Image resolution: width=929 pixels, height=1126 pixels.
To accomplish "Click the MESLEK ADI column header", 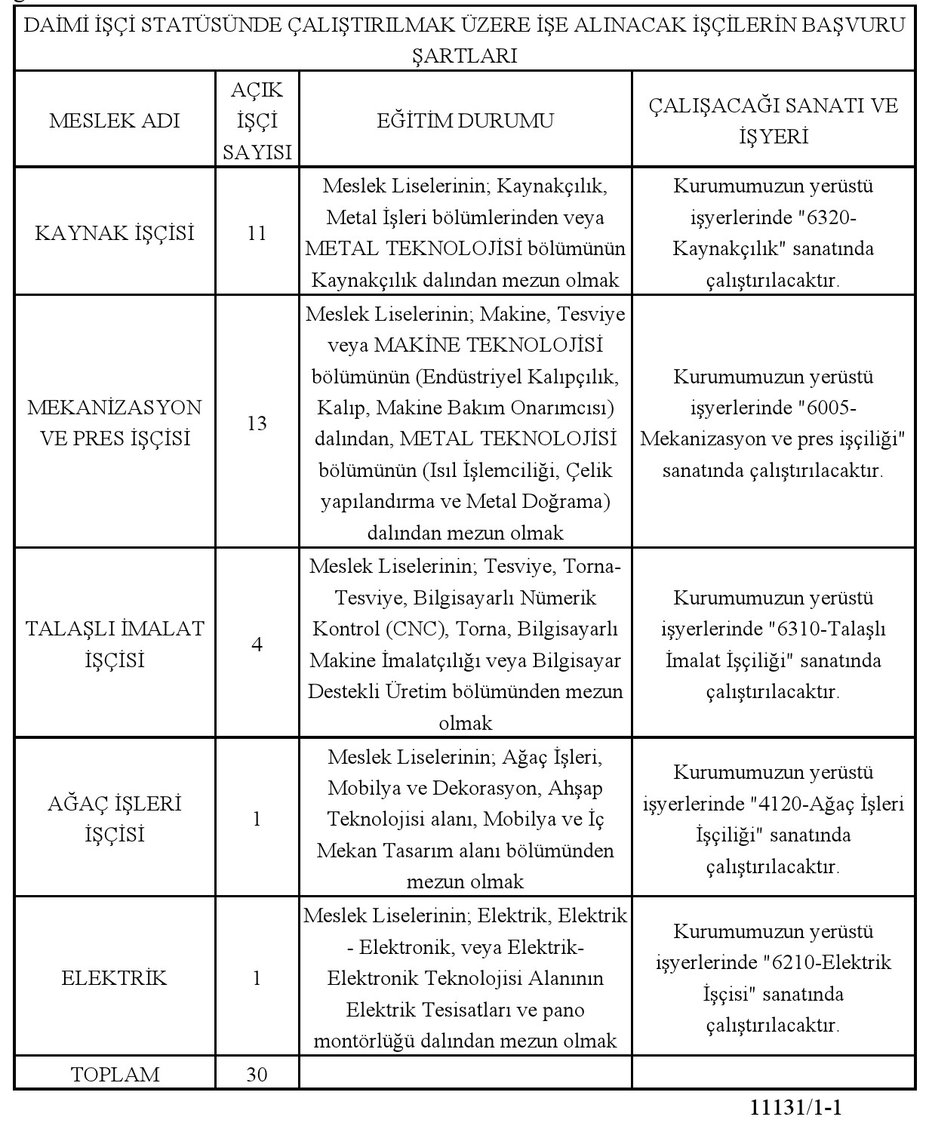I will click(x=115, y=121).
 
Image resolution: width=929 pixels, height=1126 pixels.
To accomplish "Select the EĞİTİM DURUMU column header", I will click(x=465, y=121).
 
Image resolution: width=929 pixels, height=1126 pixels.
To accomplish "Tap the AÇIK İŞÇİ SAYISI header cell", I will click(x=257, y=121).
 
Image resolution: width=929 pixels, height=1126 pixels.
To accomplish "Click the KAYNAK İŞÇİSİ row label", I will click(x=115, y=233).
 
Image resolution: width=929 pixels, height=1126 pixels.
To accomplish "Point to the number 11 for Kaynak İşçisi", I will click(x=257, y=233).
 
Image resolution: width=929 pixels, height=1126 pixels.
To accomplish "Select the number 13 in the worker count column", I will click(x=257, y=423).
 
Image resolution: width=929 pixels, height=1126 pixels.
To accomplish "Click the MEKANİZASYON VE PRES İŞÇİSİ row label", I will click(x=115, y=423).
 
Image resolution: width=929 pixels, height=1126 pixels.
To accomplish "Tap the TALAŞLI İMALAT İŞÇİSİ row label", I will click(x=115, y=644).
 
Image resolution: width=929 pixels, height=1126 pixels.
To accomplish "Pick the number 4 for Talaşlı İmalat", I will click(x=257, y=645).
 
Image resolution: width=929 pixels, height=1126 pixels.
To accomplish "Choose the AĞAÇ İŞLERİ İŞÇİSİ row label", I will click(x=115, y=819).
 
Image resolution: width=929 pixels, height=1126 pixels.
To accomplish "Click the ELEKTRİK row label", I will click(x=115, y=979).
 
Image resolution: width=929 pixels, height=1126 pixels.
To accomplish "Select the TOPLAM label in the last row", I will click(x=115, y=1074).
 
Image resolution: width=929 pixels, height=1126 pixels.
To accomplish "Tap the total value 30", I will click(x=257, y=1074).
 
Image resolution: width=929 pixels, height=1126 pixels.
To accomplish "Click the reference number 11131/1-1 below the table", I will click(x=795, y=1108).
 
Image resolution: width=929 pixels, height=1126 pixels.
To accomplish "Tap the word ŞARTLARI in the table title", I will click(x=465, y=56).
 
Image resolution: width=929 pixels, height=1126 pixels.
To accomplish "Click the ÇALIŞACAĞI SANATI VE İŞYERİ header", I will click(x=774, y=121).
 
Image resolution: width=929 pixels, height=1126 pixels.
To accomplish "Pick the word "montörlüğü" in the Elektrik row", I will click(x=365, y=1041).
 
